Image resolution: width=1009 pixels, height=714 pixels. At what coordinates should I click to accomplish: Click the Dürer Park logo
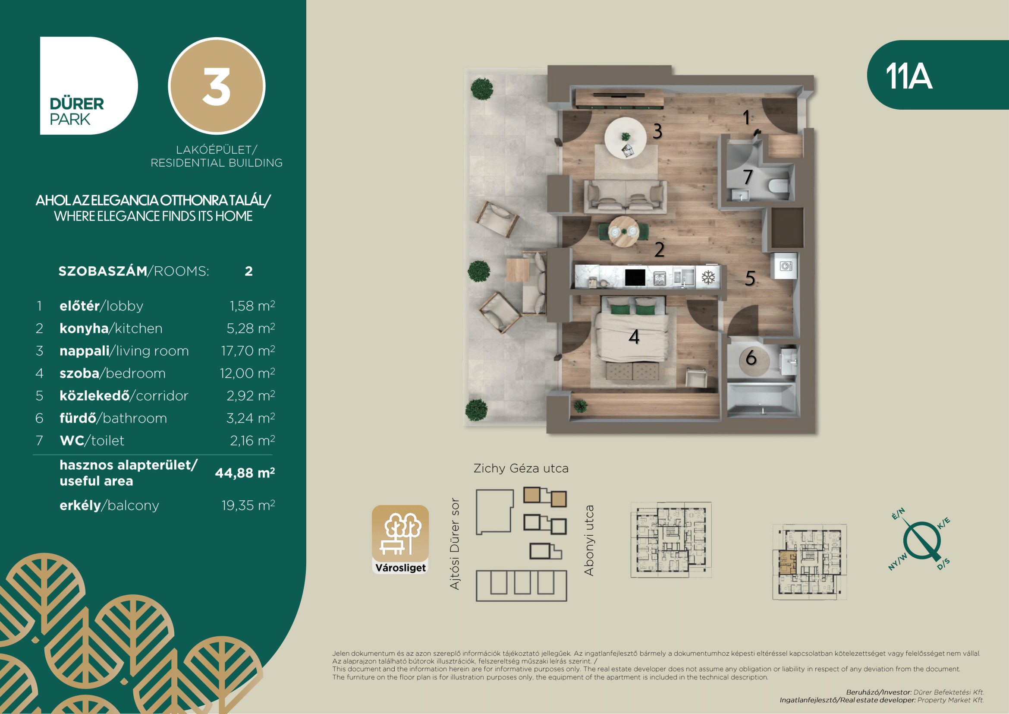click(88, 85)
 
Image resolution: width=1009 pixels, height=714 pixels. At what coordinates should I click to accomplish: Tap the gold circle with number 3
click(217, 86)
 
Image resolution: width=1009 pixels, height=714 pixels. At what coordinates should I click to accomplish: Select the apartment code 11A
click(908, 76)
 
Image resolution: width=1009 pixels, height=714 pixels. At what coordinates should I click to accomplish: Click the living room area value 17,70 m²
click(248, 351)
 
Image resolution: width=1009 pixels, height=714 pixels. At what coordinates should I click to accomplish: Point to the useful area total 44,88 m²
click(245, 473)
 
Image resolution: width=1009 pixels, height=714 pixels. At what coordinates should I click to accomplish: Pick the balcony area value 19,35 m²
click(248, 505)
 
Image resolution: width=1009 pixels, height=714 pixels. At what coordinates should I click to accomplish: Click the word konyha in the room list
click(84, 329)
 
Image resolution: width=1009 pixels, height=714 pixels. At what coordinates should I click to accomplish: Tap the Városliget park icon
click(400, 540)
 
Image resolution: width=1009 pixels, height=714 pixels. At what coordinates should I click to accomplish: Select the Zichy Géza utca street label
click(521, 469)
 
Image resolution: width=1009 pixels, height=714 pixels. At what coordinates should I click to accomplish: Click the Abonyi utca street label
click(589, 540)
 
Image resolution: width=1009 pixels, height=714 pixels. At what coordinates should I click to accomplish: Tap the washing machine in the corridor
click(785, 265)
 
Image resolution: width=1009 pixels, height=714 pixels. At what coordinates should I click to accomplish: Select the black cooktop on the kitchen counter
click(635, 278)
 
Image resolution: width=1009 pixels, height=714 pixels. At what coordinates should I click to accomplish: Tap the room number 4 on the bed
click(634, 337)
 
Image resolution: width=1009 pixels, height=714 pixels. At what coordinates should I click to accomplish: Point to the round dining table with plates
click(624, 231)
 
